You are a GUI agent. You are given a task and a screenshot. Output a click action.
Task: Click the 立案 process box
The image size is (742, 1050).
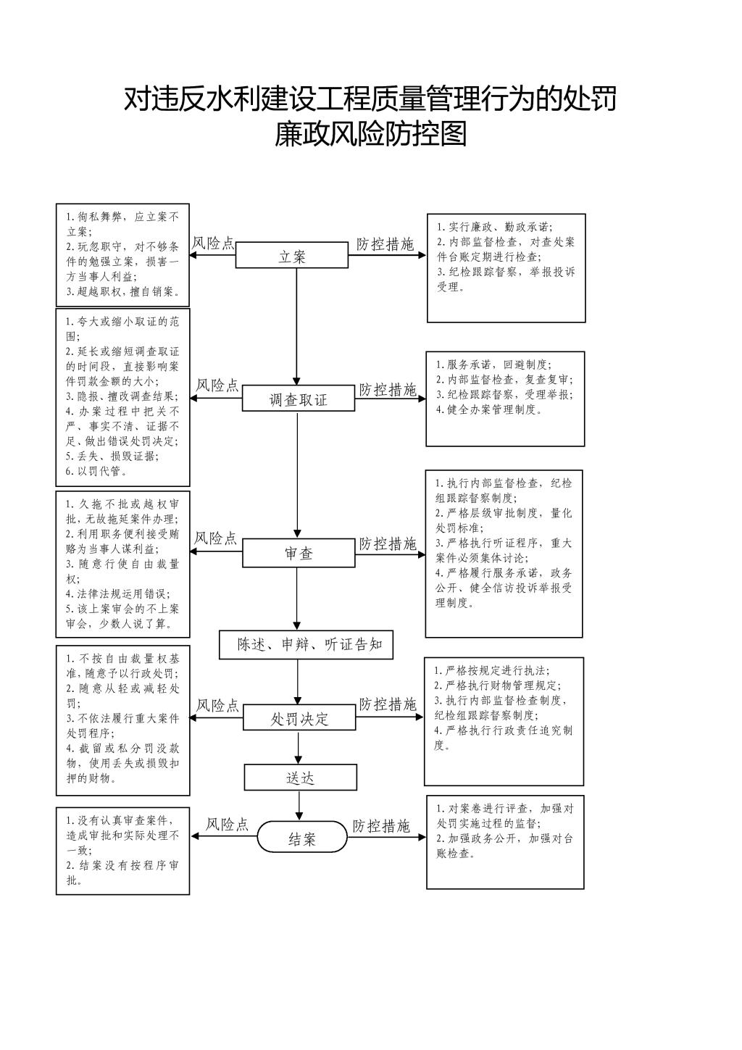pos(291,255)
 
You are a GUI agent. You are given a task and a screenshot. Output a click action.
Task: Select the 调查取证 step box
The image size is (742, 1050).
pos(298,398)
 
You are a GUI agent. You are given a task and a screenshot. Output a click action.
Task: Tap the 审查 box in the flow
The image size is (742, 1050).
pos(299,553)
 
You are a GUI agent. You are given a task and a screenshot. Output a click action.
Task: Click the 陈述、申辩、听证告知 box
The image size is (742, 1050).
pos(306,645)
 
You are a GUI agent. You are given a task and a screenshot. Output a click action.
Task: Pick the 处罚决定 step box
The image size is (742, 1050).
pos(299,717)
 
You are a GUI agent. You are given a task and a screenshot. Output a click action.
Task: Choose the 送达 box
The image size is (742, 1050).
pos(301,778)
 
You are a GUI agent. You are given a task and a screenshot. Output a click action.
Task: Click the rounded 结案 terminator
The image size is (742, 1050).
pos(302,837)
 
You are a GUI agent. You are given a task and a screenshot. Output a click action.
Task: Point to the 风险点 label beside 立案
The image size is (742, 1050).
pos(213,243)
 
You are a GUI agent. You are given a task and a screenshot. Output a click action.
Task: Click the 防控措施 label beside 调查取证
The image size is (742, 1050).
pos(388,389)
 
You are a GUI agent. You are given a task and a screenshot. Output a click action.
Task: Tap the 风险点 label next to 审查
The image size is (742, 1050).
pos(216,538)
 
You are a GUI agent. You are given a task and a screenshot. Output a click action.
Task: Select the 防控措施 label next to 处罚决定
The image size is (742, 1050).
pos(388,704)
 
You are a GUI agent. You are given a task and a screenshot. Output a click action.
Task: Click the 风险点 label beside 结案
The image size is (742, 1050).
pos(227,825)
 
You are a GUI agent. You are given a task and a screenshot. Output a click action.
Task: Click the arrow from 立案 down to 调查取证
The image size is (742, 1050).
pos(296,327)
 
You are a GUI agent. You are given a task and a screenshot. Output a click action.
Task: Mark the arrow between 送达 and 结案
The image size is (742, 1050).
pos(299,806)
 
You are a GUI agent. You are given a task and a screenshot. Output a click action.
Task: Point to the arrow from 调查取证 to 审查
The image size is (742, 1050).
pos(297,475)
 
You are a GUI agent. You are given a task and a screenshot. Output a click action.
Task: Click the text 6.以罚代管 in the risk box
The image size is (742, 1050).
pos(96,471)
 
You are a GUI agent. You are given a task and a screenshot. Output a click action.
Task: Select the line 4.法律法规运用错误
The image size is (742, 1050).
pos(117,594)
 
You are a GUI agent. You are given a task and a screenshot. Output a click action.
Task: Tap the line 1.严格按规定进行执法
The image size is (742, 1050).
pos(492,670)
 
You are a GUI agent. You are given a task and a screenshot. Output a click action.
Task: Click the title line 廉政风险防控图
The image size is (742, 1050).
pos(370,134)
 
